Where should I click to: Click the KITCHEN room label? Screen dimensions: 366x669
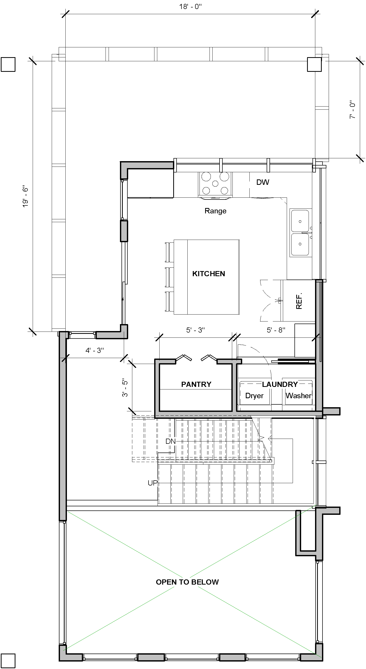[208, 274]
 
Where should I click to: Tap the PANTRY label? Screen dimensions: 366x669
[196, 384]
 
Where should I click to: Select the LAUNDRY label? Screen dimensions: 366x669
[280, 384]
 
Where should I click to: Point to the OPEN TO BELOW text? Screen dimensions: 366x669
[187, 582]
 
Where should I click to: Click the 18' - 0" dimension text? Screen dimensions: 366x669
[190, 6]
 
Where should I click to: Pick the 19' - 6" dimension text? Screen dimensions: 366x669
[25, 196]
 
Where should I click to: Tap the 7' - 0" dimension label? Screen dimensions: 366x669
[352, 110]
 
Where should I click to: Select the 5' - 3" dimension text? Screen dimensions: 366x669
[195, 330]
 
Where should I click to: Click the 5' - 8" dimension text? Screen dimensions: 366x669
[276, 330]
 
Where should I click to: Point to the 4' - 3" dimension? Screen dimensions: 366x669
[94, 350]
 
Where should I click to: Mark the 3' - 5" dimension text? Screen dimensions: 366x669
[125, 388]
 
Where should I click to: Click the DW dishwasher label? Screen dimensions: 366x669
[263, 182]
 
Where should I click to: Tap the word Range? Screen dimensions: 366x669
[215, 211]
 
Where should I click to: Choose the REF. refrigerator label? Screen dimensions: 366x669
[299, 301]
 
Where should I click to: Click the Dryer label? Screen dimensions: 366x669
[254, 396]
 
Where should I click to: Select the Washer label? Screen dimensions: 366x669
[299, 396]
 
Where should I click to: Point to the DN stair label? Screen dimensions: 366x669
[171, 441]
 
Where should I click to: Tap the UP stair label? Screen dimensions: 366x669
[153, 483]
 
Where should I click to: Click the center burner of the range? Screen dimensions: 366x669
[215, 184]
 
